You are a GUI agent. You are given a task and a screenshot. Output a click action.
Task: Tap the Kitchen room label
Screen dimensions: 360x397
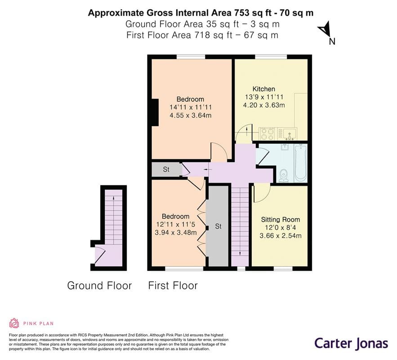click(x=263, y=89)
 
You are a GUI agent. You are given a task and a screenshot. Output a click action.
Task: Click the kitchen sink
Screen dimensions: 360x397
click(x=289, y=134)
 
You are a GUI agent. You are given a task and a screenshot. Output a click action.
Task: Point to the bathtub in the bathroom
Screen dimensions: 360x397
click(x=300, y=162)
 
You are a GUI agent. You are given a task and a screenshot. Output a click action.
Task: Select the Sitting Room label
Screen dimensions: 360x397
click(x=281, y=220)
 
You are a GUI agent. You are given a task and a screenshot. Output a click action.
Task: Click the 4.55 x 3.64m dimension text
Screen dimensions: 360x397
click(x=190, y=116)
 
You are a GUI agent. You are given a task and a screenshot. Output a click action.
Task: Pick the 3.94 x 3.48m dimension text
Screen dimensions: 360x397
click(x=175, y=233)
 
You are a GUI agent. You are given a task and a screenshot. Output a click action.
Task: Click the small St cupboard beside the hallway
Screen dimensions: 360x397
click(x=166, y=170)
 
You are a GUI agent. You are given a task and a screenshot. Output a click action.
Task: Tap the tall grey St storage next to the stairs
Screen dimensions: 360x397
click(x=218, y=226)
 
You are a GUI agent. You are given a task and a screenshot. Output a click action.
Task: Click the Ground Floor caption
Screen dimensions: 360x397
click(x=99, y=285)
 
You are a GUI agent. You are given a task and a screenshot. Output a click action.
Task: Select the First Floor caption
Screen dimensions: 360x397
click(x=173, y=285)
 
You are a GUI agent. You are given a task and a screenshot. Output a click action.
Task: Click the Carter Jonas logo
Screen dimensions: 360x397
click(x=351, y=343)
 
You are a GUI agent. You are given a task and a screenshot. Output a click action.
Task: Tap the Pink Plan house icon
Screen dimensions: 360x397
click(x=14, y=323)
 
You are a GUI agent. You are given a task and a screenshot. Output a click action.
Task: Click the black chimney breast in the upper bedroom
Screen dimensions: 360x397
click(x=155, y=112)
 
